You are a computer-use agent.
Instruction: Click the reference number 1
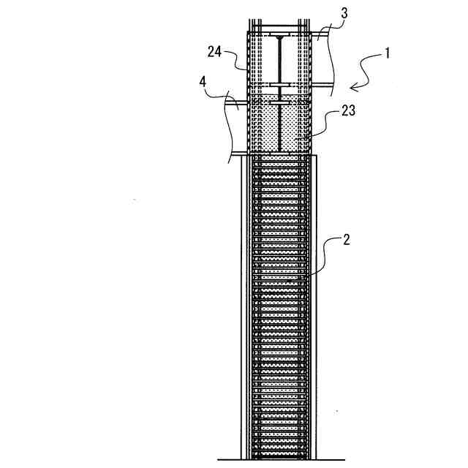(x=385, y=53)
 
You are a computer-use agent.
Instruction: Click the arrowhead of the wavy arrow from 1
(x=353, y=88)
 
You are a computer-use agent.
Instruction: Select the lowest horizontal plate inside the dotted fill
(x=281, y=104)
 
